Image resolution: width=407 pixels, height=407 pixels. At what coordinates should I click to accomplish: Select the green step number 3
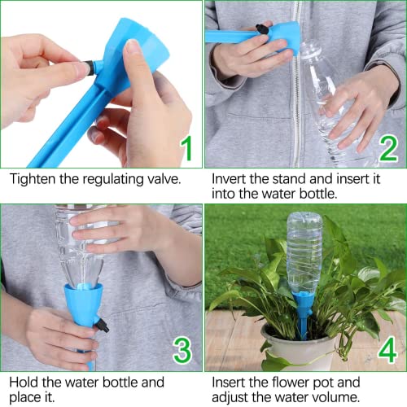[x=183, y=350]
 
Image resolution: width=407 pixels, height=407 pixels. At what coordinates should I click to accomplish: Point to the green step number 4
[x=387, y=350]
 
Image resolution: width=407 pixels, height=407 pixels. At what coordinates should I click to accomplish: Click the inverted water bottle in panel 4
[x=304, y=252]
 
